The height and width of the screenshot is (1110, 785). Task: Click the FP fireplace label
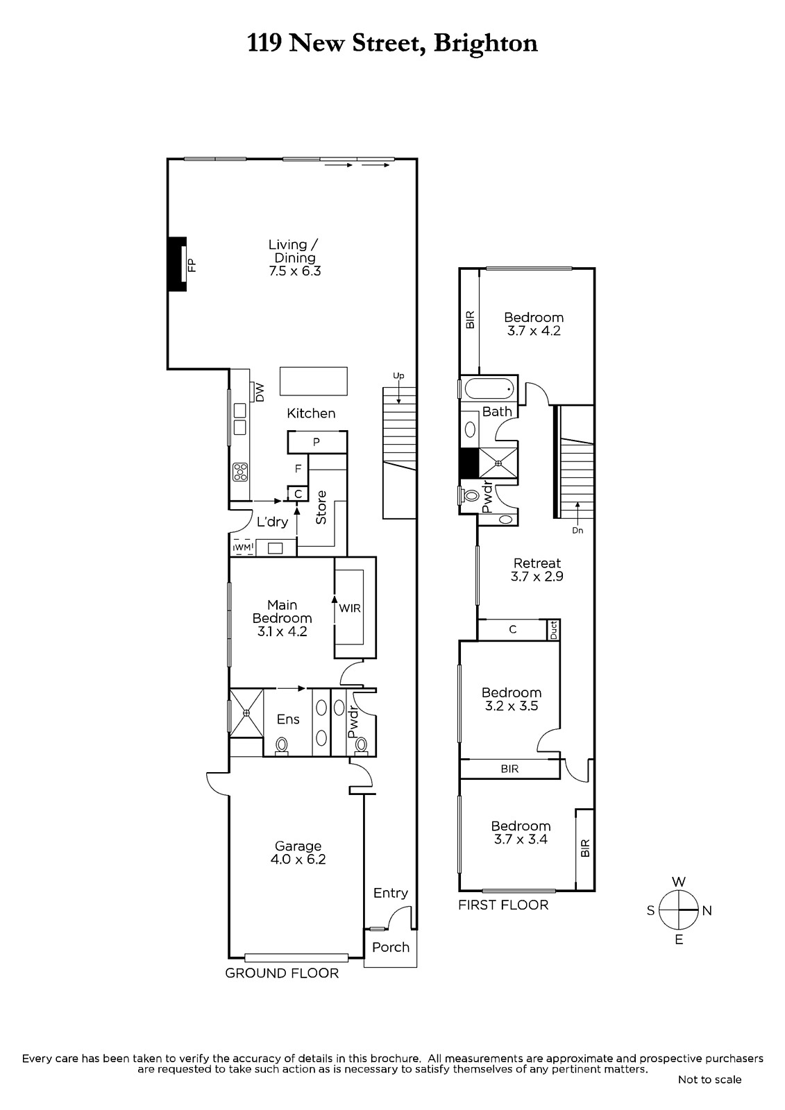pyautogui.click(x=192, y=265)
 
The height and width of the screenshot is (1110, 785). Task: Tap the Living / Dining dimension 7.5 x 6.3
pyautogui.click(x=295, y=271)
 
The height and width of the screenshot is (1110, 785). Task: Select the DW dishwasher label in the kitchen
pyautogui.click(x=260, y=393)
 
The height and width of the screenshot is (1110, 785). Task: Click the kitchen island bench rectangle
pyautogui.click(x=314, y=381)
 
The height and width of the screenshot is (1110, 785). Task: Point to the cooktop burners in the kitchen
pyautogui.click(x=241, y=472)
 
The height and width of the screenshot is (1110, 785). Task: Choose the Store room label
pyautogui.click(x=321, y=507)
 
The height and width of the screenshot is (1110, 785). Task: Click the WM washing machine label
pyautogui.click(x=243, y=547)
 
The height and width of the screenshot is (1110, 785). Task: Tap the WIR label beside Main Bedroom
pyautogui.click(x=350, y=608)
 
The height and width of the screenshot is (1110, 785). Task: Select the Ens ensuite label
pyautogui.click(x=288, y=719)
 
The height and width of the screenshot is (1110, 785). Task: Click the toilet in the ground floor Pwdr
pyautogui.click(x=361, y=745)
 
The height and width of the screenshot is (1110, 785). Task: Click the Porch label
pyautogui.click(x=391, y=947)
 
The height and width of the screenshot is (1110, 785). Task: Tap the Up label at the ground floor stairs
pyautogui.click(x=398, y=375)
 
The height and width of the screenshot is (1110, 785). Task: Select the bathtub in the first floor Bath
pyautogui.click(x=489, y=389)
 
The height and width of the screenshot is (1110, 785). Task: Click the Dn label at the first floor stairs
pyautogui.click(x=577, y=530)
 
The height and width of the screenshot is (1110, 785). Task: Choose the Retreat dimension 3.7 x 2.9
pyautogui.click(x=537, y=577)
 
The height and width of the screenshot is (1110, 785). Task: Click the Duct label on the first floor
pyautogui.click(x=554, y=630)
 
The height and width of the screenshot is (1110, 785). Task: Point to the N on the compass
pyautogui.click(x=707, y=910)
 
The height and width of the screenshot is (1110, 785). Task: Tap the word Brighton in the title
pyautogui.click(x=485, y=44)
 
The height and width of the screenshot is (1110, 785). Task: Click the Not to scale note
pyautogui.click(x=709, y=1079)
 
